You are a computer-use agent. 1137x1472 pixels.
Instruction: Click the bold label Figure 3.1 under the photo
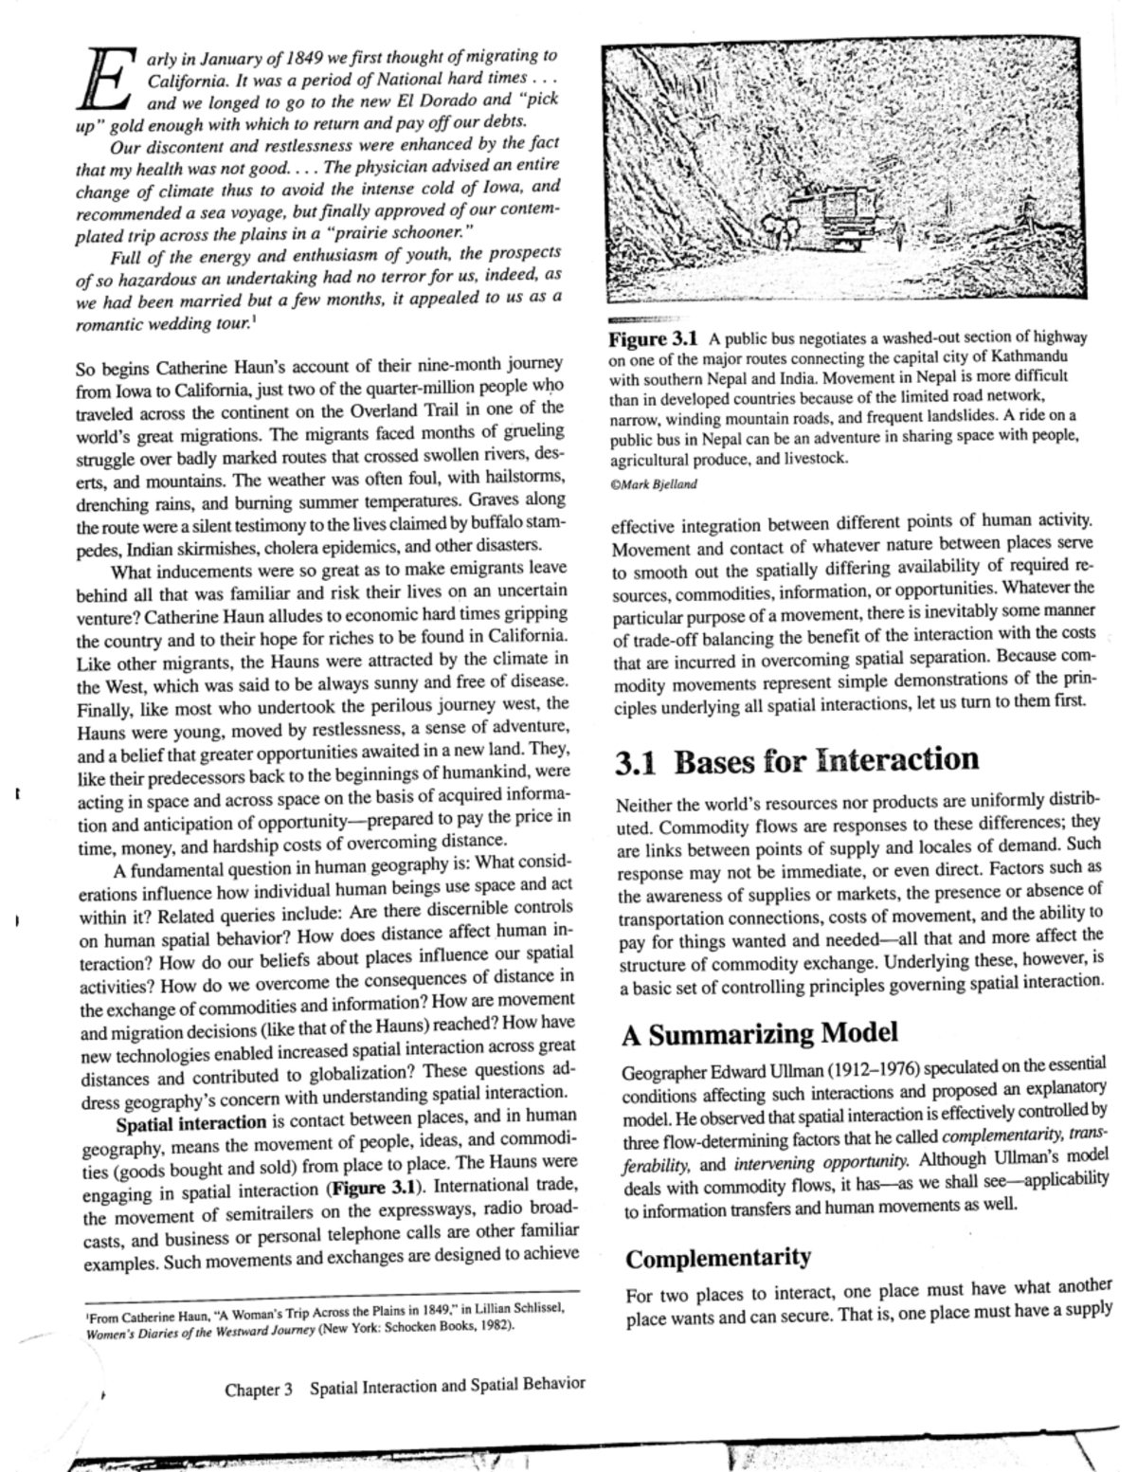point(653,338)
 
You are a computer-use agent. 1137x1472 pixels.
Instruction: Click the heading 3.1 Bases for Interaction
point(797,760)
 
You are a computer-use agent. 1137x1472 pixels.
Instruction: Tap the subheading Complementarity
point(718,1258)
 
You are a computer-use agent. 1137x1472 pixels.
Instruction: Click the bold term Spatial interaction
point(190,1124)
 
